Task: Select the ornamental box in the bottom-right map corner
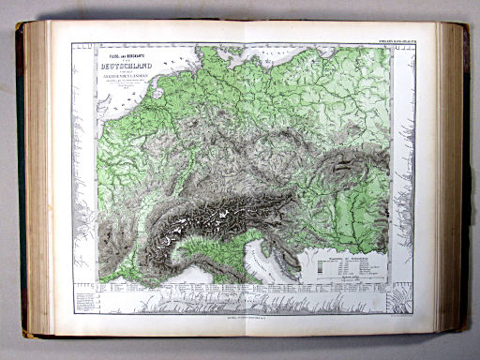(398, 299)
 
